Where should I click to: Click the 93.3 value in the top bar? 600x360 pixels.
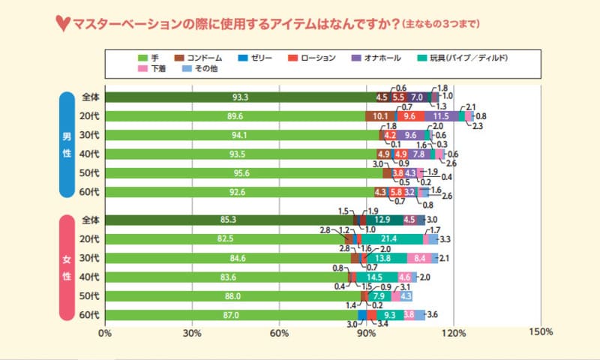240,97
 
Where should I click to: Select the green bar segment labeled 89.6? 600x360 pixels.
235,116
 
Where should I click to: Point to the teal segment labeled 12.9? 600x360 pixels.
382,220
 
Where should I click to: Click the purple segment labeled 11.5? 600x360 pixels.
441,116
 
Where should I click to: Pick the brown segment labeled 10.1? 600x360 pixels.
380,116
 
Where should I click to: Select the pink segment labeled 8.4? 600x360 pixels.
420,258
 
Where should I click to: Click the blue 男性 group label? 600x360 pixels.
67,145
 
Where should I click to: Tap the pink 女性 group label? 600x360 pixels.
67,268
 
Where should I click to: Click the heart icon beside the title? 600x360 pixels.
63,23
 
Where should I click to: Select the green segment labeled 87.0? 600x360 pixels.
231,315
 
